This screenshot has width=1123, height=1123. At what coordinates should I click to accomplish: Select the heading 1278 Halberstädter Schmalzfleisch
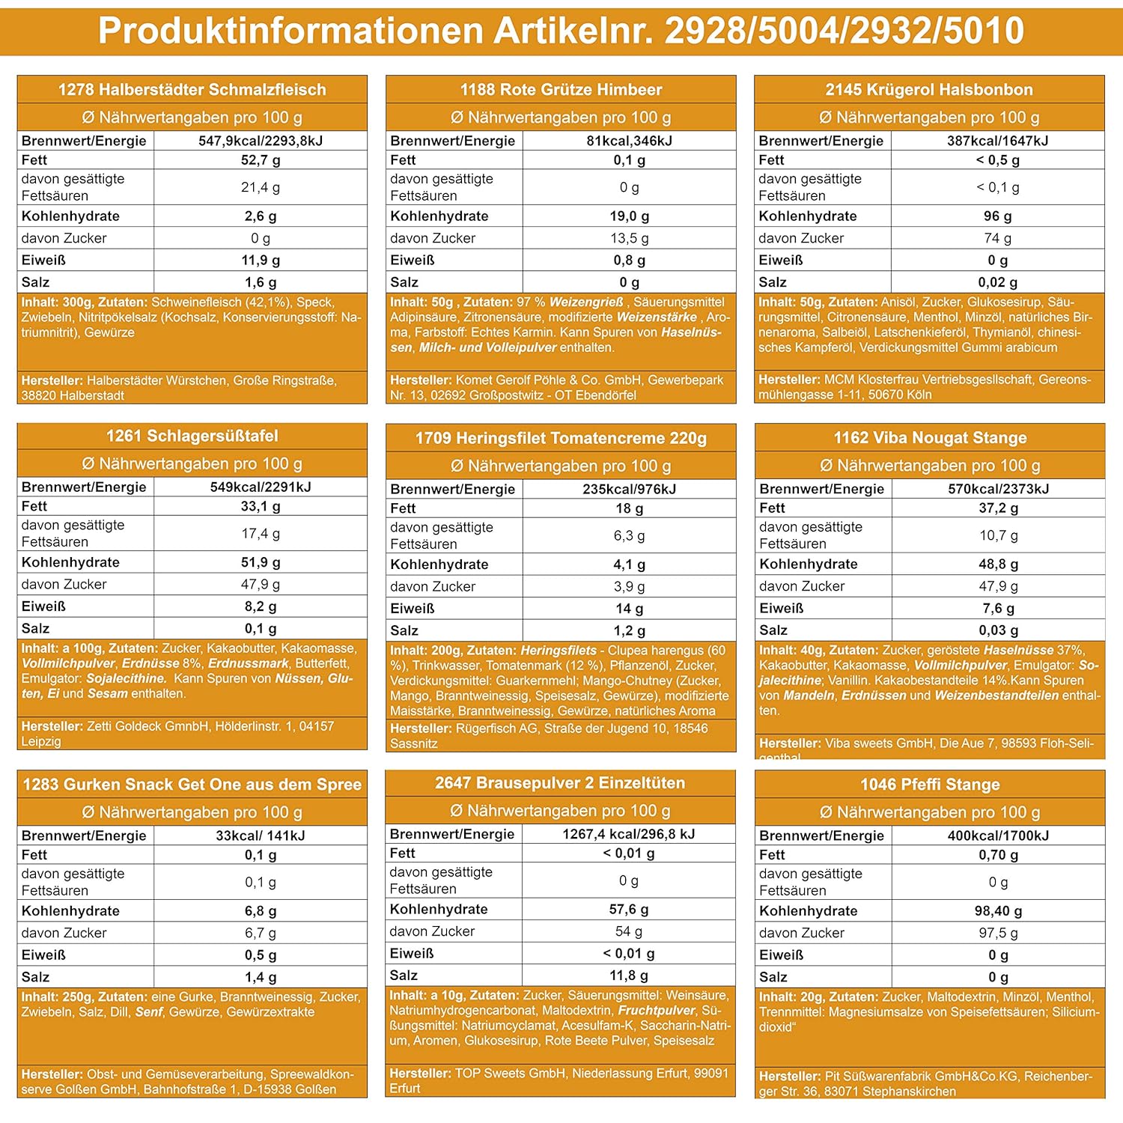pyautogui.click(x=192, y=90)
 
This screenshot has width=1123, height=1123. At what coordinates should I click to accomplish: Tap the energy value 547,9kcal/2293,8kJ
pyautogui.click(x=261, y=141)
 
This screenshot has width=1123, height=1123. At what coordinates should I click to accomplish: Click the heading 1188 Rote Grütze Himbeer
pyautogui.click(x=561, y=90)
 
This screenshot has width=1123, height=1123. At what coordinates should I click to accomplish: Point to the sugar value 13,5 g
pyautogui.click(x=629, y=238)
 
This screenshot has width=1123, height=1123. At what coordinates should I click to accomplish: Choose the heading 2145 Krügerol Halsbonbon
pyautogui.click(x=929, y=90)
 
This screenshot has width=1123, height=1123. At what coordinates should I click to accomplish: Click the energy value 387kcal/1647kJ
pyautogui.click(x=997, y=141)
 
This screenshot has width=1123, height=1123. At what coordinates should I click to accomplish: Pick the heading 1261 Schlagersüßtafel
pyautogui.click(x=192, y=436)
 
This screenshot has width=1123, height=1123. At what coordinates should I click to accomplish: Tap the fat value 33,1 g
pyautogui.click(x=261, y=506)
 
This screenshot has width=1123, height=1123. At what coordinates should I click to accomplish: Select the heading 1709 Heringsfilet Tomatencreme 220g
pyautogui.click(x=561, y=438)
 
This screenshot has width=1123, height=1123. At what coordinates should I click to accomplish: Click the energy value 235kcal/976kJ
pyautogui.click(x=629, y=489)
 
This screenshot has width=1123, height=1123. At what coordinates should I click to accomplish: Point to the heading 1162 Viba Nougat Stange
pyautogui.click(x=930, y=437)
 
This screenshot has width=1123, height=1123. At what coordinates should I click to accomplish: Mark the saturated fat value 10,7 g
pyautogui.click(x=998, y=535)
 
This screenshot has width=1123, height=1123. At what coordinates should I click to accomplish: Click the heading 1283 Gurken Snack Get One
pyautogui.click(x=192, y=785)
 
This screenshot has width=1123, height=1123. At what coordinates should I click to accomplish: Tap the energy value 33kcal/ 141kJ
pyautogui.click(x=261, y=836)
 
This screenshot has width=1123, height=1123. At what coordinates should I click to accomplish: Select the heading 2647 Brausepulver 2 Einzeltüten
pyautogui.click(x=560, y=783)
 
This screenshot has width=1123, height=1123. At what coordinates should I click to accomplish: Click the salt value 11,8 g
pyautogui.click(x=629, y=976)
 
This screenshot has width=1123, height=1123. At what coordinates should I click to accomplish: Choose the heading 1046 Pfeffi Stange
pyautogui.click(x=930, y=785)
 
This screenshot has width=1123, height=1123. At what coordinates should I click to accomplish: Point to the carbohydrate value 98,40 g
pyautogui.click(x=998, y=911)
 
